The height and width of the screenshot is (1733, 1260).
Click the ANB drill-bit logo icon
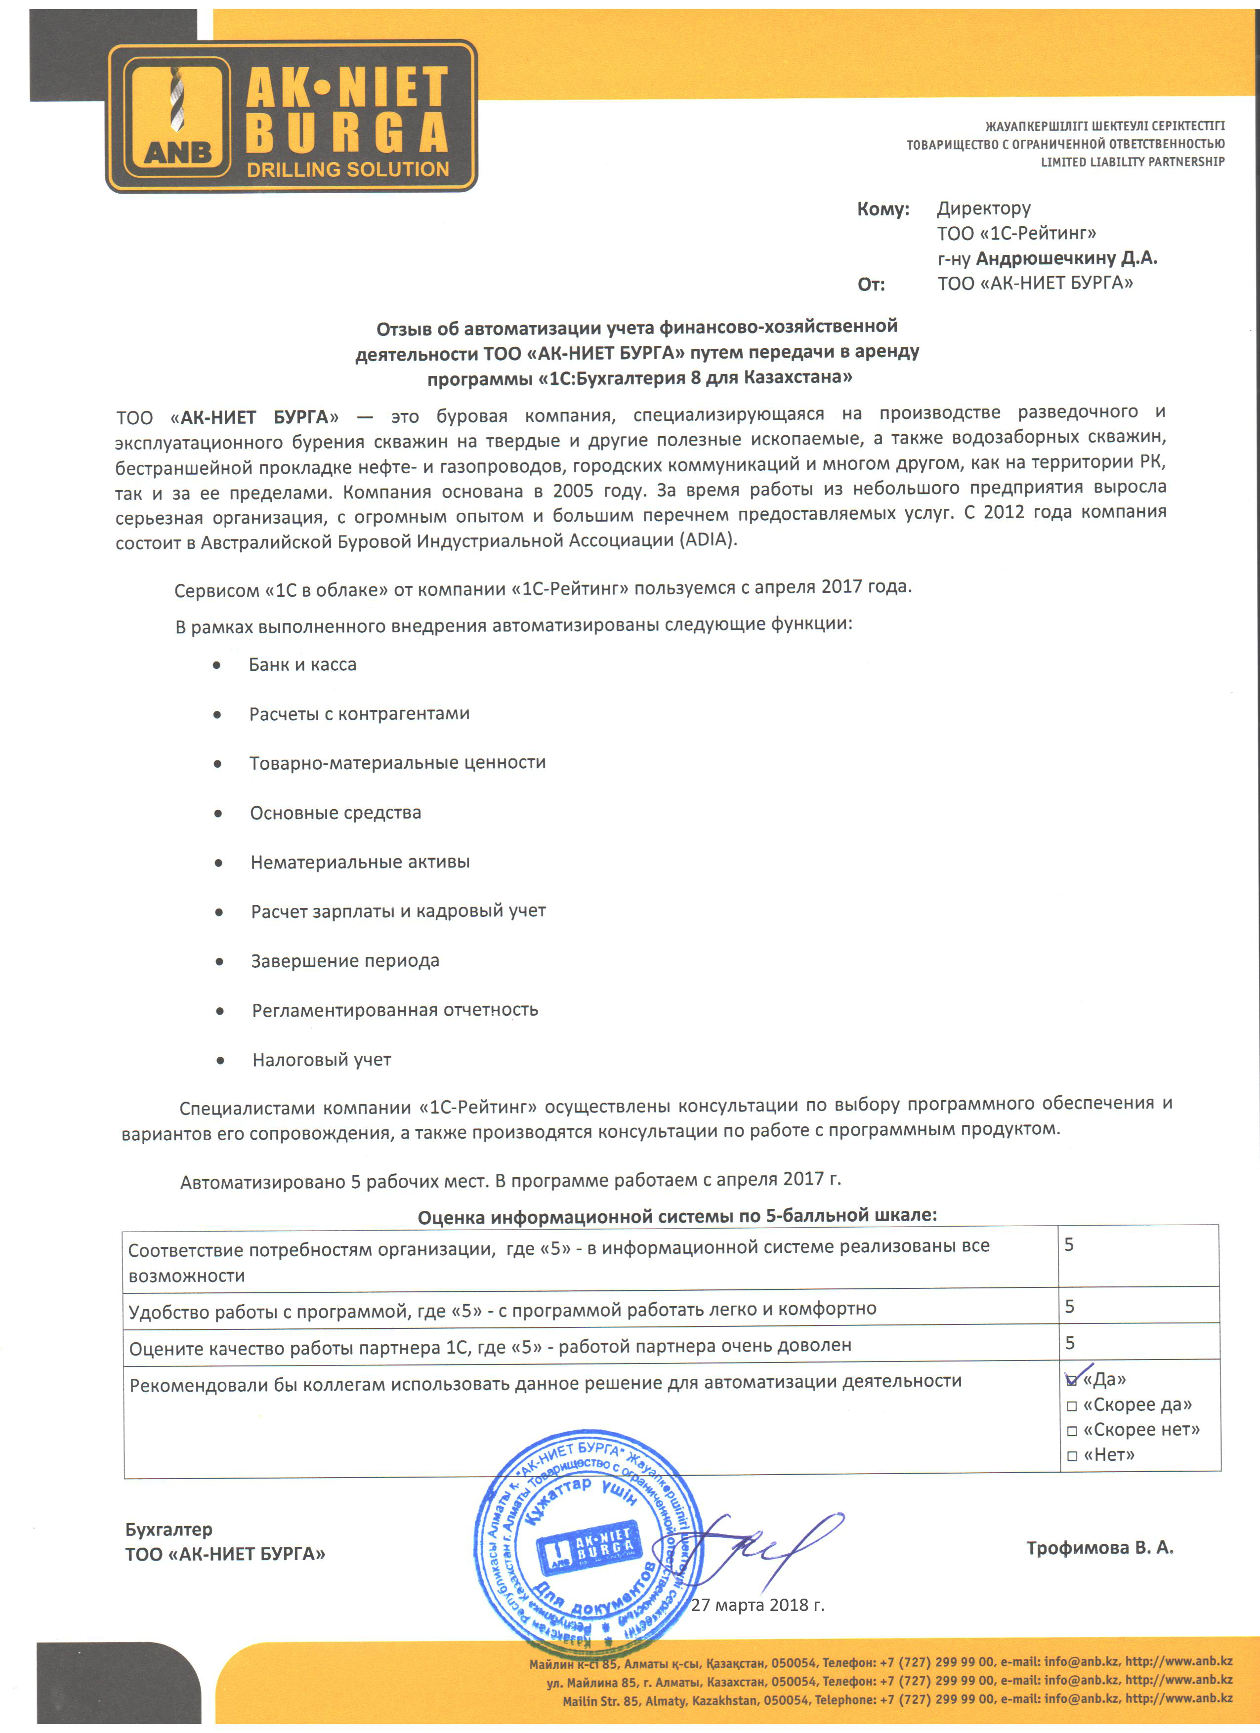178,116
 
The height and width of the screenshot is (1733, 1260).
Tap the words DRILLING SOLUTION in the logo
348,169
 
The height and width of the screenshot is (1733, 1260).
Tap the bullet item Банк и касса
302,665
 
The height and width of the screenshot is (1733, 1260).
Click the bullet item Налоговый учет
322,1060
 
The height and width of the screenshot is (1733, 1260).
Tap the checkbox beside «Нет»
1071,1456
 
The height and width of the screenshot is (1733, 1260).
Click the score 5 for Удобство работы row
1070,1307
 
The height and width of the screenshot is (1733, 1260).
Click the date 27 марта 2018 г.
757,1605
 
